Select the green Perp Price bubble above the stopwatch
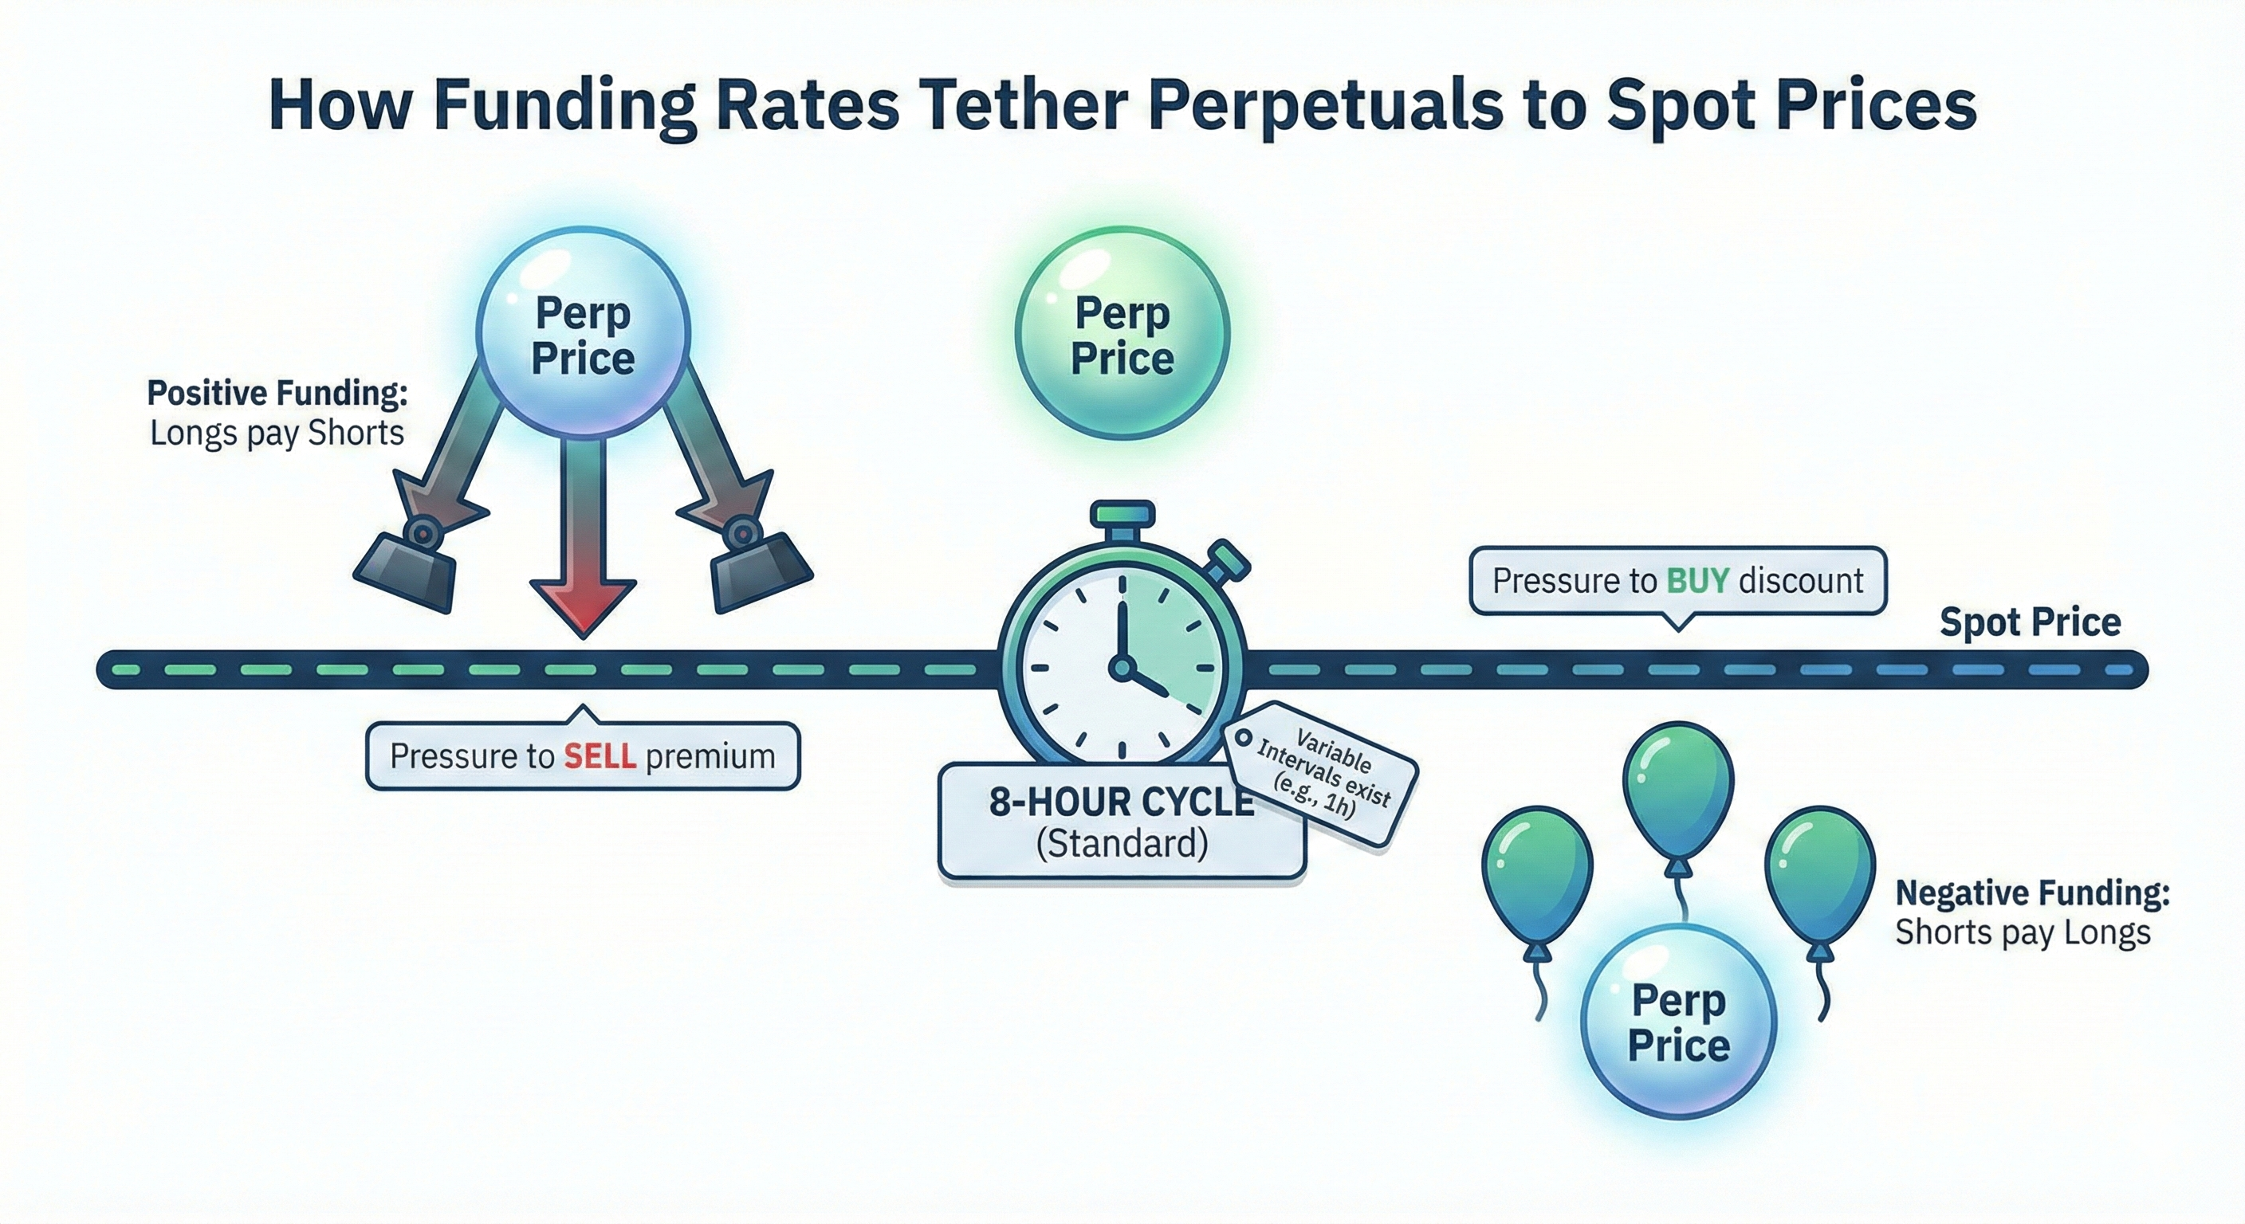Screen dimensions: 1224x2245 tap(1122, 335)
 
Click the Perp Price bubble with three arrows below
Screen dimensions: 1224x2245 tap(583, 335)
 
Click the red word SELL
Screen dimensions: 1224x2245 tap(600, 756)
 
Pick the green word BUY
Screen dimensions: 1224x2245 tap(1697, 580)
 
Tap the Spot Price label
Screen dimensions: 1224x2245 tap(2030, 622)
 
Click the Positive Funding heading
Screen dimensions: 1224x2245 tap(277, 393)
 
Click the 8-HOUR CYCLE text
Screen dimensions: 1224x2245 tap(1122, 802)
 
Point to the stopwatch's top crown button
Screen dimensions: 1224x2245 tap(1122, 512)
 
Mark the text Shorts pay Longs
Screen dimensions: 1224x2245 tap(2023, 933)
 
